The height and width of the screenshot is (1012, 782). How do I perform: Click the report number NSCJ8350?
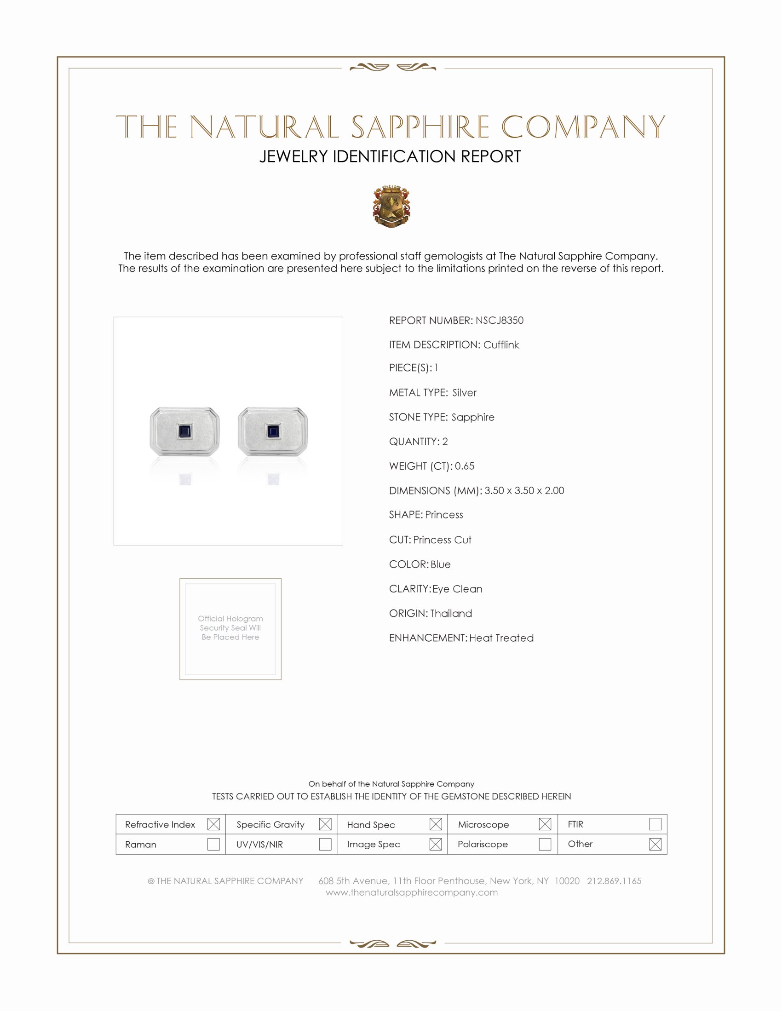499,320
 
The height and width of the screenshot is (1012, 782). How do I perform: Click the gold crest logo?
391,207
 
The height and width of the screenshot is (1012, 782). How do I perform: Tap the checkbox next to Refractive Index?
213,824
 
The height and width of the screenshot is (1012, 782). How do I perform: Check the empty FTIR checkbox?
655,824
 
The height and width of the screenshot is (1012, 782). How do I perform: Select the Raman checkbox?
213,844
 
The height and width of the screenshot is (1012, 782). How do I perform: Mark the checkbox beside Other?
655,844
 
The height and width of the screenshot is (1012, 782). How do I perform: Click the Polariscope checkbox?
545,844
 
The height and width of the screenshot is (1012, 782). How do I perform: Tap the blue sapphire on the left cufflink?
184,431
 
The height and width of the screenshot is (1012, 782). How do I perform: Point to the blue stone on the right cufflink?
272,431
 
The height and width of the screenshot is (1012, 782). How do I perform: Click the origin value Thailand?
451,613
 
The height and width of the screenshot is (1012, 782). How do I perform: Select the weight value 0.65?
464,466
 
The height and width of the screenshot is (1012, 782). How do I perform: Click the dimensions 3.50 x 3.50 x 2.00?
524,490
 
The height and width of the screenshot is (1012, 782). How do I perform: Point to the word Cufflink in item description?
501,345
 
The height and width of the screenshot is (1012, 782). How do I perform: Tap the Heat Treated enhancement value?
501,638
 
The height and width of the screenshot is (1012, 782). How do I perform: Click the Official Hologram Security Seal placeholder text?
230,628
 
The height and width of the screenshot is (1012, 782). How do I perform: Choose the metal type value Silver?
464,392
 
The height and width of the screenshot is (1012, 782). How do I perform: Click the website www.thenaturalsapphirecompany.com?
411,892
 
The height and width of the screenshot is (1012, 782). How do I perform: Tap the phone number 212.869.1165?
614,881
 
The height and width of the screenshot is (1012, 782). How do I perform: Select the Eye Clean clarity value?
457,588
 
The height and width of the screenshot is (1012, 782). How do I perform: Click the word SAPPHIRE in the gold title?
420,127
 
